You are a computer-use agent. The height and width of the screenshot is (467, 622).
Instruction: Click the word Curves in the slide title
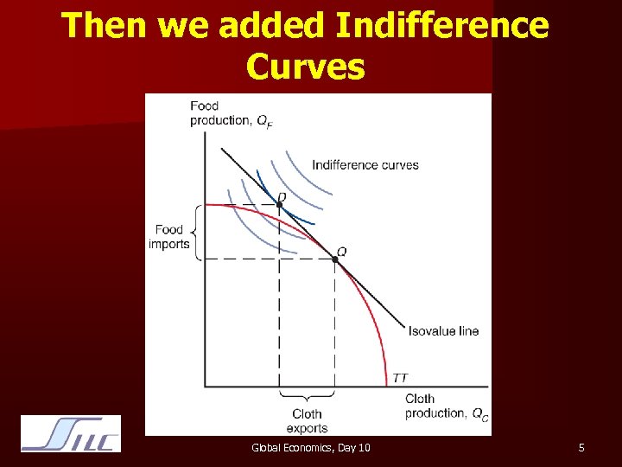[x=305, y=66]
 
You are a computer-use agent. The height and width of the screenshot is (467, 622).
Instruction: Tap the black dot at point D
[x=279, y=205]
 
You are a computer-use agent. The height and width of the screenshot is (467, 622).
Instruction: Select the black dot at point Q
[x=335, y=259]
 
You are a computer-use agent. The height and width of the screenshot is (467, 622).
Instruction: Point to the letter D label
[x=282, y=197]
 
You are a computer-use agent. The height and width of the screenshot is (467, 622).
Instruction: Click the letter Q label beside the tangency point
[x=342, y=251]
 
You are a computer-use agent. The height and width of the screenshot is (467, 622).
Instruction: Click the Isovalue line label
[x=443, y=330]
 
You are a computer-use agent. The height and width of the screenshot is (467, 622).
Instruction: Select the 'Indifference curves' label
[x=365, y=165]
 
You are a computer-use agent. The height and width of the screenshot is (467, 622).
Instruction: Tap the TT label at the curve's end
[x=400, y=378]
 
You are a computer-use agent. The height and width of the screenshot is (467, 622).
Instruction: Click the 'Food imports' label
[x=168, y=237]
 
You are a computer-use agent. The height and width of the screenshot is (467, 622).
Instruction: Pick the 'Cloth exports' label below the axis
[x=307, y=421]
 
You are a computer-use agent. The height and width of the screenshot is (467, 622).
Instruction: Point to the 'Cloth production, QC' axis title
[x=446, y=406]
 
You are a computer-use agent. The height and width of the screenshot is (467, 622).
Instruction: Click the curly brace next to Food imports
[x=194, y=232]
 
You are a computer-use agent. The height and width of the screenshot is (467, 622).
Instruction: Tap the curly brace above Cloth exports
[x=307, y=399]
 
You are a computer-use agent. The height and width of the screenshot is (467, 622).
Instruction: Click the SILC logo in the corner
[x=71, y=435]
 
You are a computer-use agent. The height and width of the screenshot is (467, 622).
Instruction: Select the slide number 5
[x=581, y=448]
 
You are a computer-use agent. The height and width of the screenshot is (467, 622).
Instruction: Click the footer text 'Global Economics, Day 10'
[x=310, y=448]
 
